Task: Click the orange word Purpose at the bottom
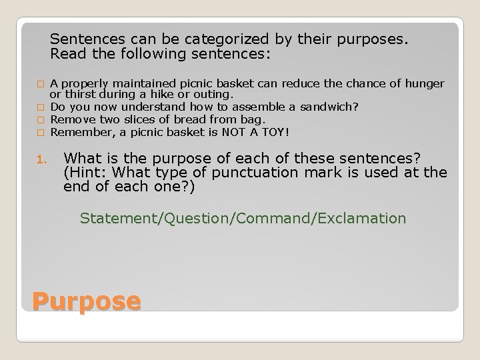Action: (x=86, y=302)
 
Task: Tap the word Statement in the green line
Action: (x=113, y=218)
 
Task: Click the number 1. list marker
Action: (x=39, y=160)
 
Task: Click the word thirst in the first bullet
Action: (x=81, y=95)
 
